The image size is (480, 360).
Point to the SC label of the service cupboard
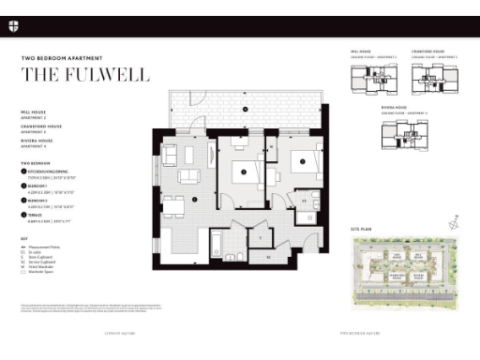267,255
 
